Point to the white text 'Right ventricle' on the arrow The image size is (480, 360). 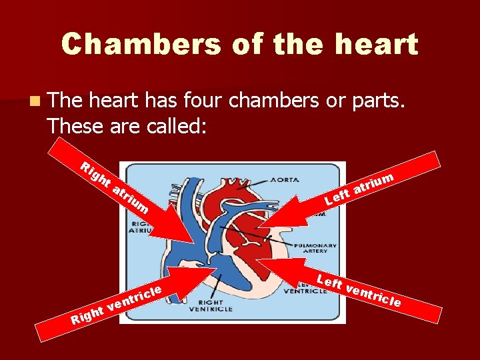tap(117, 303)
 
